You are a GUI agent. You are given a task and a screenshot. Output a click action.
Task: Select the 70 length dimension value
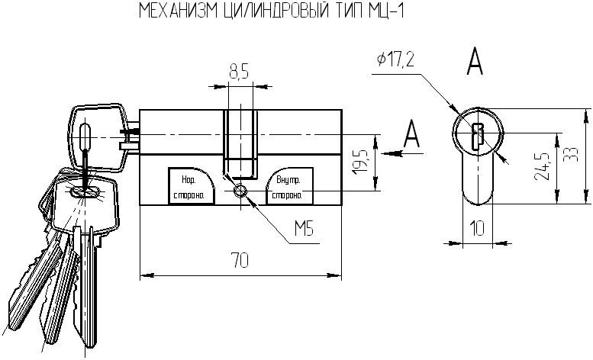(x=240, y=262)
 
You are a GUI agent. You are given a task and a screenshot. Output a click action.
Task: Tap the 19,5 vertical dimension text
(x=362, y=163)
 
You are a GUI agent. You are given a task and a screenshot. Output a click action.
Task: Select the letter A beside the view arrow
(x=412, y=135)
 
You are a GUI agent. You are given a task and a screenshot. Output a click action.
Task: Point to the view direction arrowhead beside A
(x=393, y=153)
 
